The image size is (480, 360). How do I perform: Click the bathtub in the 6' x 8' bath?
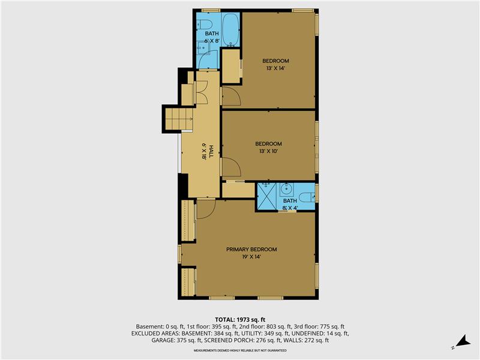coord(231,30)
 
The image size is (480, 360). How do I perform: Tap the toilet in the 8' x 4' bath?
coord(307,196)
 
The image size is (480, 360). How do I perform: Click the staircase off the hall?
coord(178,118)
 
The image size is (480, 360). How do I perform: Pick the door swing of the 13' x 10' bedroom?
coord(230,167)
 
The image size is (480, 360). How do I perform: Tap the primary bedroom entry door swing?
coord(206,208)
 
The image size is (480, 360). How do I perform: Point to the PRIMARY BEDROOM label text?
coord(251,249)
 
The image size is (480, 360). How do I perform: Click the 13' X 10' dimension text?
coord(268,151)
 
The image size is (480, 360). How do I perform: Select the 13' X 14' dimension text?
coord(275,68)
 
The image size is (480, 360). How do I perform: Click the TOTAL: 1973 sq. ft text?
coord(240,319)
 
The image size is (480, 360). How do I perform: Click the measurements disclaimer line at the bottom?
coord(240,350)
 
